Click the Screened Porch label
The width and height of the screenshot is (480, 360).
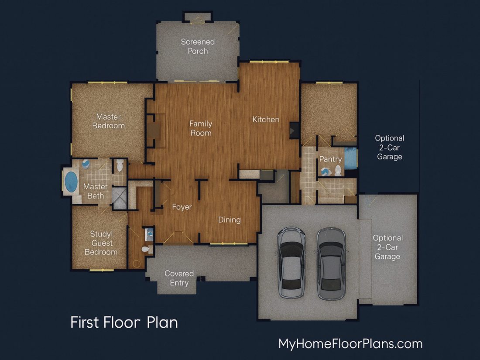point(198,46)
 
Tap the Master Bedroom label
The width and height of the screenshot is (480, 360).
point(108,121)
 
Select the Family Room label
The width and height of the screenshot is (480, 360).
point(201,128)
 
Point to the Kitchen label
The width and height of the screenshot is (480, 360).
point(266,120)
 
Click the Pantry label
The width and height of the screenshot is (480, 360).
point(330,159)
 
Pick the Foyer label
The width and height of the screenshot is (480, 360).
point(182,207)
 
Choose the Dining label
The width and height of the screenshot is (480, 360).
point(229,220)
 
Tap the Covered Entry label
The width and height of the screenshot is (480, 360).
point(179,278)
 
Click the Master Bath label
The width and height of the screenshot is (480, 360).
point(96,191)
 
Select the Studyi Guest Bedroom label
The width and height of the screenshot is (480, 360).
point(101,243)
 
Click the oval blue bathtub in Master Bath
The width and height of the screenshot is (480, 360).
point(71,182)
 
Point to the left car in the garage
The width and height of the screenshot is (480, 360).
point(291,262)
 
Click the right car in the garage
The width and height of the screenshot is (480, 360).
point(331,264)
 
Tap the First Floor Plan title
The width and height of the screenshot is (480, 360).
point(124,322)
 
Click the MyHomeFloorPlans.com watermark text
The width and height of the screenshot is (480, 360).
point(350,344)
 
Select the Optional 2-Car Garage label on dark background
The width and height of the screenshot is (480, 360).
point(389,147)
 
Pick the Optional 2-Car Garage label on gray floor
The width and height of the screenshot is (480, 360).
point(387,247)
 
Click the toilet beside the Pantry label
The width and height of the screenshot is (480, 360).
point(338,170)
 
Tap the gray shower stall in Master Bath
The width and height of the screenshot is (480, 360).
point(119,198)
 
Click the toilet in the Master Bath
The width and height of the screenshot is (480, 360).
point(120,165)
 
